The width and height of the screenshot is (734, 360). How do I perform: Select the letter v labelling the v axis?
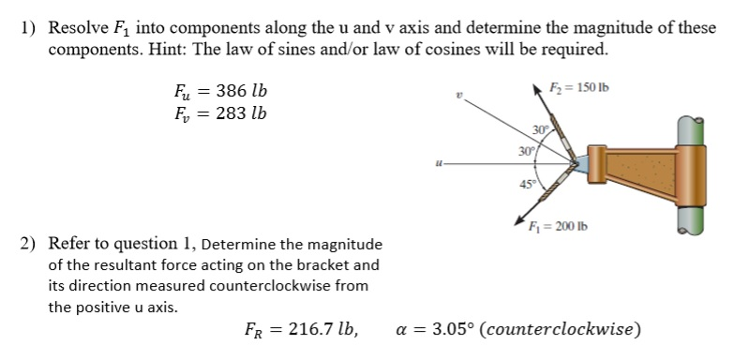(458, 96)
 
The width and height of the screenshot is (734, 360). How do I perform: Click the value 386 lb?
(241, 92)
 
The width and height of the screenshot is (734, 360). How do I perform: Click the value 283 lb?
(240, 113)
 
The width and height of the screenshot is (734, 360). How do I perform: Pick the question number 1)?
(28, 27)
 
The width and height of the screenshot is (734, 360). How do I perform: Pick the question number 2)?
(28, 244)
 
